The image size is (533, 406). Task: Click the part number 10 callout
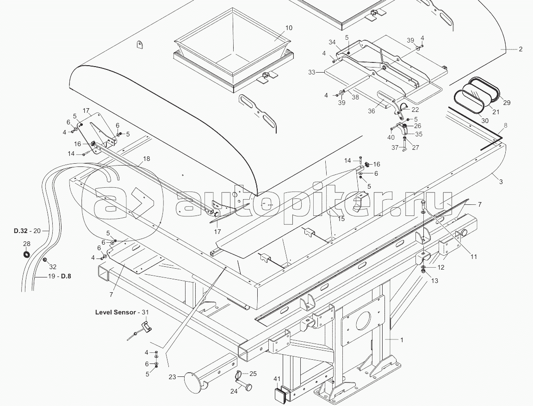pos(289,28)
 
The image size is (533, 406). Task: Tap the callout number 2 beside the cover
pos(521,49)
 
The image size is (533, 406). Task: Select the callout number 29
pos(507,103)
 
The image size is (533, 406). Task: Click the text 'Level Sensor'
pos(115,312)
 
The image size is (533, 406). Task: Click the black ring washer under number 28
pos(26,253)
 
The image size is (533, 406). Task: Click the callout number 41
pos(276,379)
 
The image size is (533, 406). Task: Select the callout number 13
pos(434,280)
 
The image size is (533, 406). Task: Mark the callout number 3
pos(501,182)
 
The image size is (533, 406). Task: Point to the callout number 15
pos(341,219)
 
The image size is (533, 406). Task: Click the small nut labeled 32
pos(45,260)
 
